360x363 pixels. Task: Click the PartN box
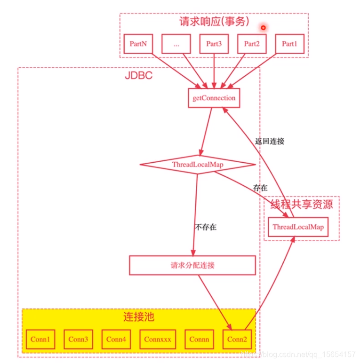pos(138,44)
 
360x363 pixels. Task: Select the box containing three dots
pos(176,44)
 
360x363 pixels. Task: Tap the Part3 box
pos(214,44)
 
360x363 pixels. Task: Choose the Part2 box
pos(252,44)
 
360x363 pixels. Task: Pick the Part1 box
pos(289,44)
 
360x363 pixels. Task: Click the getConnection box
pos(214,98)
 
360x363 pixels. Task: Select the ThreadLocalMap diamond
pos(198,165)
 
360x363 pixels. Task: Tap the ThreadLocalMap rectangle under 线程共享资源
pos(298,227)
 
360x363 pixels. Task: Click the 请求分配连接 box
pos(192,265)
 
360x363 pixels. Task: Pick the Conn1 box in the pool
pos(40,339)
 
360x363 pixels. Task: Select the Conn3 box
pos(78,339)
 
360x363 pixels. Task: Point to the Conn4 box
pos(116,339)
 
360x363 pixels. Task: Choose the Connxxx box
pos(158,339)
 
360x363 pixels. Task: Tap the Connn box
pos(200,339)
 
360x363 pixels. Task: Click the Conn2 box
pos(237,339)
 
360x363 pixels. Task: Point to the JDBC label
pos(139,75)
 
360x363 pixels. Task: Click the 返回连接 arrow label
pos(270,141)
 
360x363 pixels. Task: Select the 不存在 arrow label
pos(206,227)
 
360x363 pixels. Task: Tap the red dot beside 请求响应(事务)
pos(263,28)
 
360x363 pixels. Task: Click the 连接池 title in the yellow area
pos(138,317)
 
